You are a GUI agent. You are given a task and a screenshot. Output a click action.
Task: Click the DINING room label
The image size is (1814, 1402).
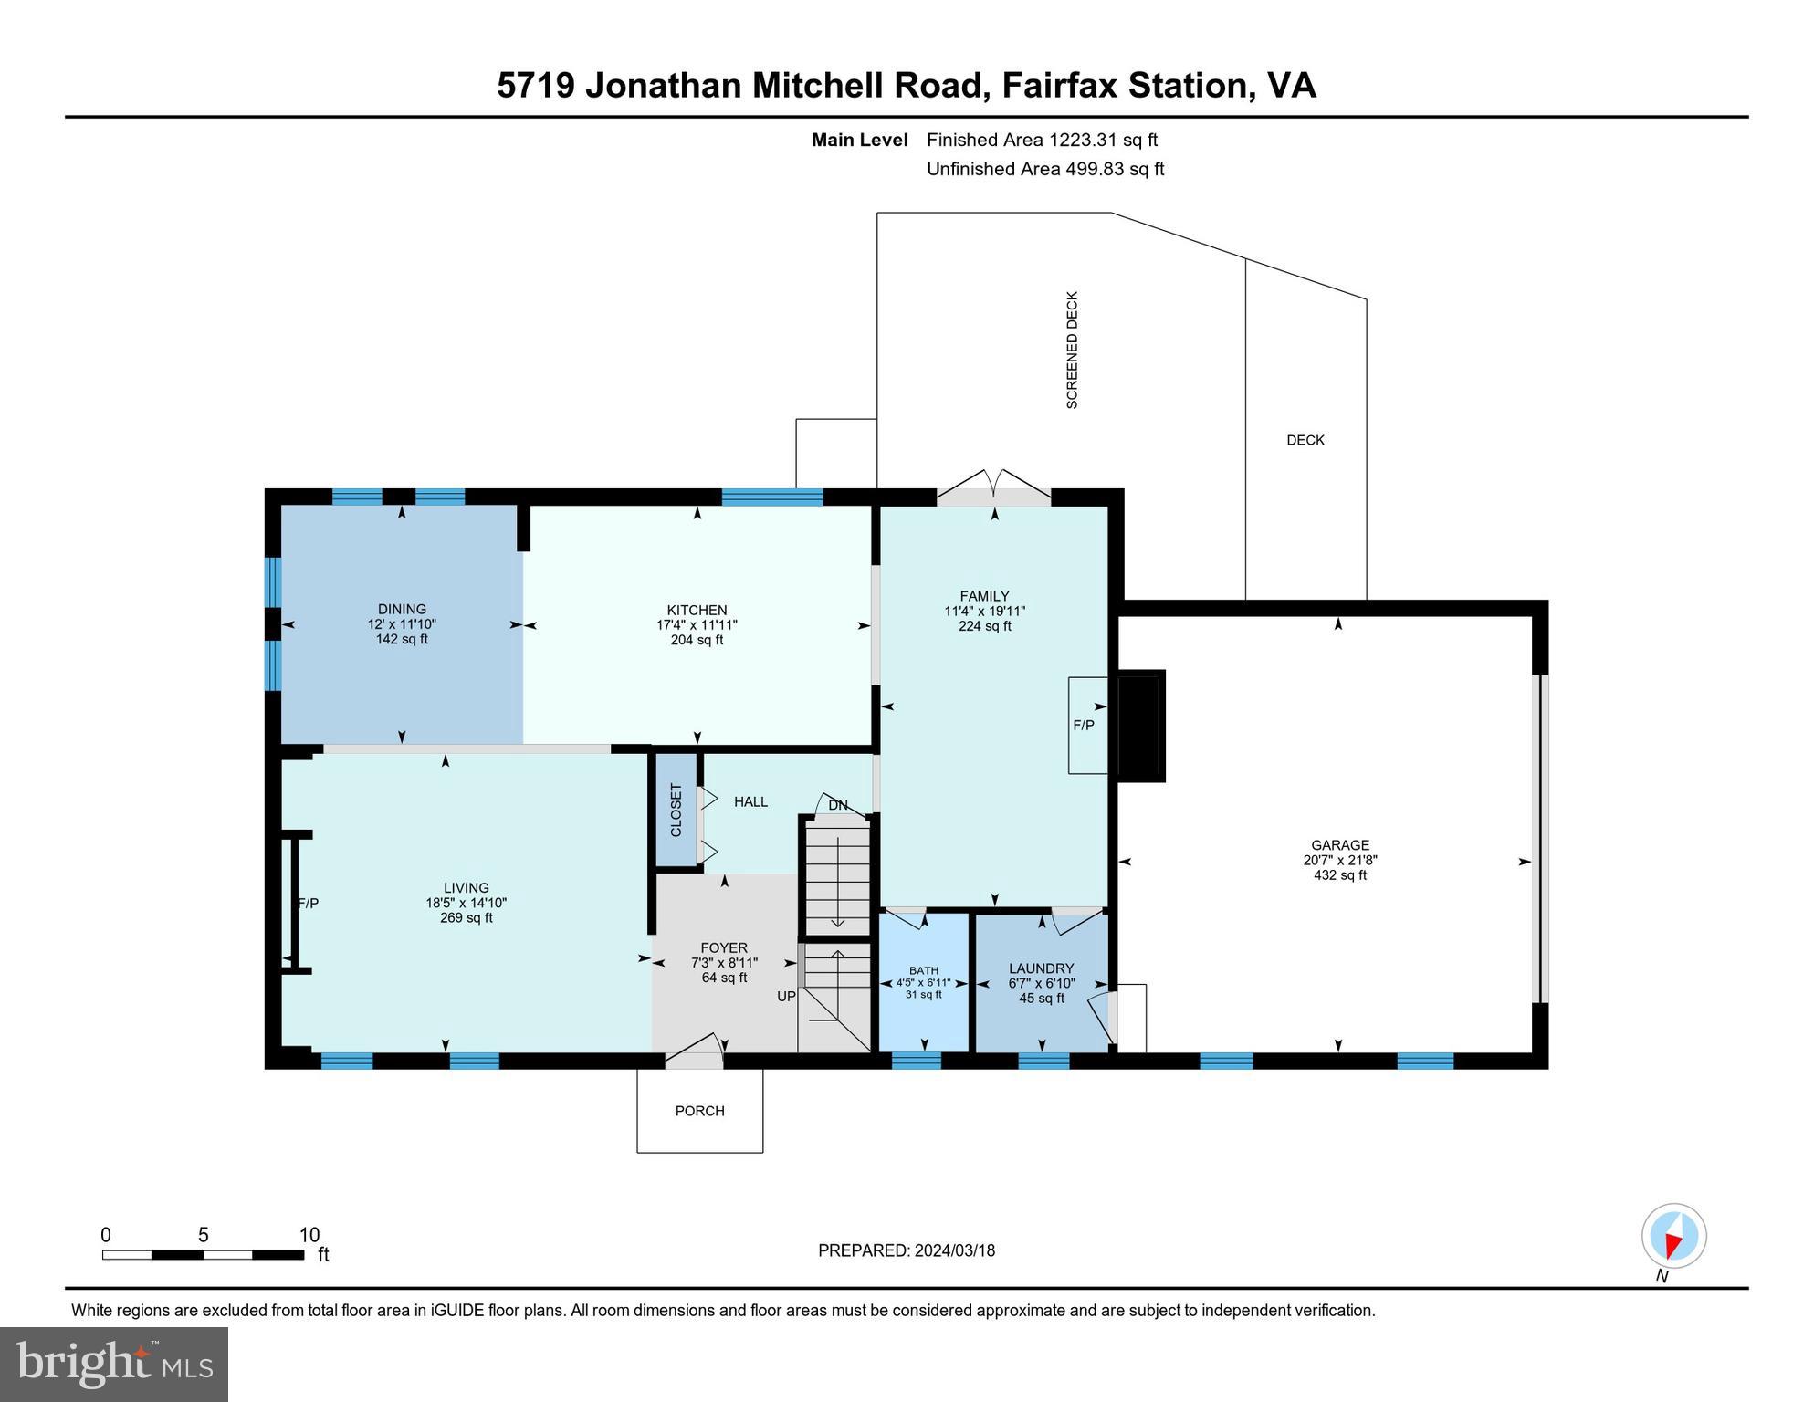pyautogui.click(x=402, y=609)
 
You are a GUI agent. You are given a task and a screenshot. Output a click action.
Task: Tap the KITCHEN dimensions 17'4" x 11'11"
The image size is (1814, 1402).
pyautogui.click(x=697, y=625)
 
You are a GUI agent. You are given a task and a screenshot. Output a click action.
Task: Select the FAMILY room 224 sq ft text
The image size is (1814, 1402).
pyautogui.click(x=984, y=626)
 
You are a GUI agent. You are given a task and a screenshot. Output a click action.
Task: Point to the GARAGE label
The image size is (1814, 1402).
pyautogui.click(x=1339, y=845)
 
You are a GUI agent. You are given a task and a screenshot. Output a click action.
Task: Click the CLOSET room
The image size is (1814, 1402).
pyautogui.click(x=676, y=810)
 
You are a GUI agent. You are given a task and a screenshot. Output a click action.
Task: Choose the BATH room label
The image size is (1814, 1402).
pyautogui.click(x=923, y=970)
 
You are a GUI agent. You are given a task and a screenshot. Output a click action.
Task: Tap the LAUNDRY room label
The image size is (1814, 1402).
pyautogui.click(x=1041, y=968)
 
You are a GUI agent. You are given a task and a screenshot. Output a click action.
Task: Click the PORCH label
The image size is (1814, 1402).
pyautogui.click(x=699, y=1111)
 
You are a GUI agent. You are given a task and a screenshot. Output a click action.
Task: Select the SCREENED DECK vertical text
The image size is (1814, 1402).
pyautogui.click(x=1073, y=350)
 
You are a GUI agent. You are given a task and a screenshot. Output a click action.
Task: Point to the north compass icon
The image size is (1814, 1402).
pyautogui.click(x=1673, y=1237)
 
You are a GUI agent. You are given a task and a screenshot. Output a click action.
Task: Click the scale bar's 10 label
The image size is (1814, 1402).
pyautogui.click(x=309, y=1235)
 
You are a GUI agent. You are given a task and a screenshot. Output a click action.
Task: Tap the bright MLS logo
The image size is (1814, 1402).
pyautogui.click(x=114, y=1365)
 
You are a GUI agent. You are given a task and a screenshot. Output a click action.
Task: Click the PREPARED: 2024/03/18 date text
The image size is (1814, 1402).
pyautogui.click(x=906, y=1250)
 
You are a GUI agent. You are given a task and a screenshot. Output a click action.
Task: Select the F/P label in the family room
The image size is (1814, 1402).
pyautogui.click(x=1083, y=726)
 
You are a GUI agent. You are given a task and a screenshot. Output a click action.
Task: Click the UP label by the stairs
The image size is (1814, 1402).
pyautogui.click(x=786, y=997)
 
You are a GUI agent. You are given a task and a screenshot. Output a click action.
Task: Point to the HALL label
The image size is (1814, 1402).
pyautogui.click(x=750, y=801)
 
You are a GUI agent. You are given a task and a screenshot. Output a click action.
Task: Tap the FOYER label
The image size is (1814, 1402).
pyautogui.click(x=723, y=948)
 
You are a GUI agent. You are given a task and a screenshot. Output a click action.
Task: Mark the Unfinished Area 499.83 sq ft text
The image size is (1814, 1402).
pyautogui.click(x=1044, y=169)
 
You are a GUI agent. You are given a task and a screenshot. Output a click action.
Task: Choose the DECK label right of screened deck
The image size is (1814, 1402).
pyautogui.click(x=1305, y=440)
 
